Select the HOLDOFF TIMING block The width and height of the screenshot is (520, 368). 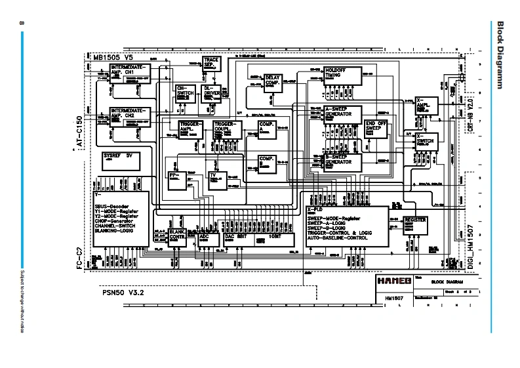pos(343,75)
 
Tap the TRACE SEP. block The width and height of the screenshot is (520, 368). pos(211,63)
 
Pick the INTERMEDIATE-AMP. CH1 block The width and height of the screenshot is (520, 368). pos(129,72)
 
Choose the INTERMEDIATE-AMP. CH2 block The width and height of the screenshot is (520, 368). pos(129,115)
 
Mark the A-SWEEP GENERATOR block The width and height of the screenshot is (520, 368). pos(342,114)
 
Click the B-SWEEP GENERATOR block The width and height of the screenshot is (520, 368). pos(342,161)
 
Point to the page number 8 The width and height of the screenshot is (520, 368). pos(22,24)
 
